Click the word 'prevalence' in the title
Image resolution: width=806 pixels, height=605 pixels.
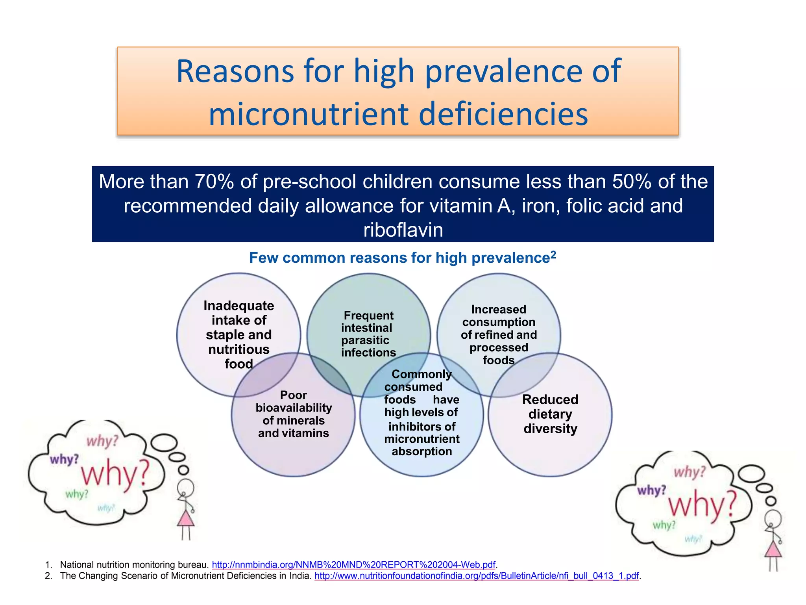[503, 72]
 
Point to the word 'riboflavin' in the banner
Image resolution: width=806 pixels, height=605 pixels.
[403, 230]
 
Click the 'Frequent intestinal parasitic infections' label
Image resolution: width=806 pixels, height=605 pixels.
[368, 334]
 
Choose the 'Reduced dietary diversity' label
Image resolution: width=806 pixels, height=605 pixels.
[550, 414]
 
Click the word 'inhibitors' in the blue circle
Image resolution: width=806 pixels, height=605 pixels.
[421, 427]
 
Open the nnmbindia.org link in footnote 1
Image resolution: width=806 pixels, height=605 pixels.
[353, 565]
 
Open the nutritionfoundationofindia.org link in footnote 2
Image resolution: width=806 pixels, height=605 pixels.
[476, 576]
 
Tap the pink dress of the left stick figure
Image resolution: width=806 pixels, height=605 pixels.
[186, 519]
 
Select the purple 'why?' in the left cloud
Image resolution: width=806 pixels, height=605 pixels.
[64, 460]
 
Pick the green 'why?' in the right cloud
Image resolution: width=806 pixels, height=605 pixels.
[664, 525]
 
